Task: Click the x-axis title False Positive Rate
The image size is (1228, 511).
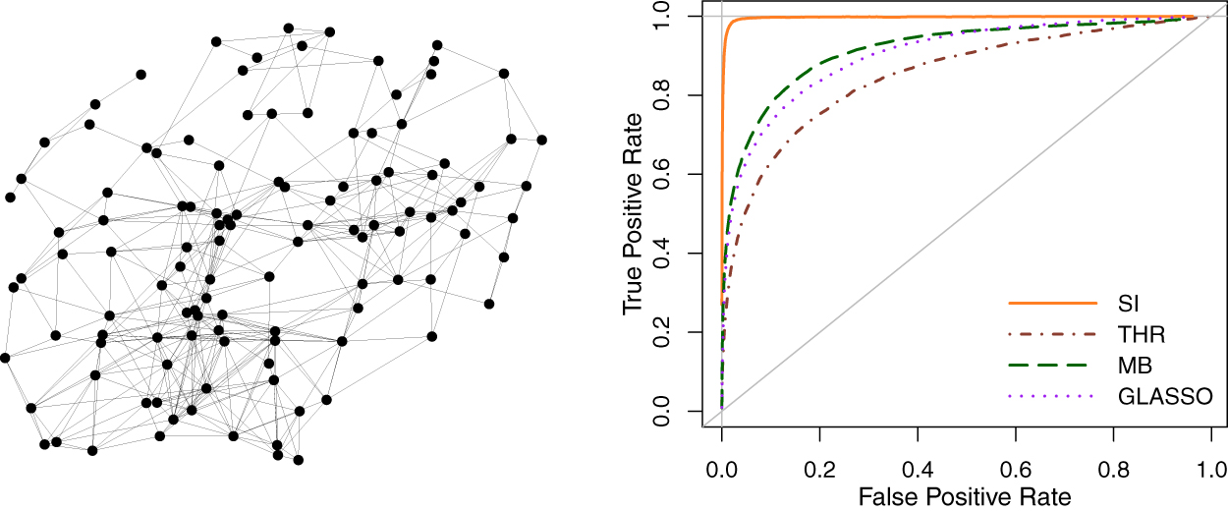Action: click(x=965, y=496)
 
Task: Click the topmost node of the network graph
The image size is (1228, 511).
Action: click(x=288, y=28)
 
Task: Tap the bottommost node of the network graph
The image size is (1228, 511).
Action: click(x=298, y=459)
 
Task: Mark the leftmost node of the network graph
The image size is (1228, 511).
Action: click(x=5, y=357)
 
